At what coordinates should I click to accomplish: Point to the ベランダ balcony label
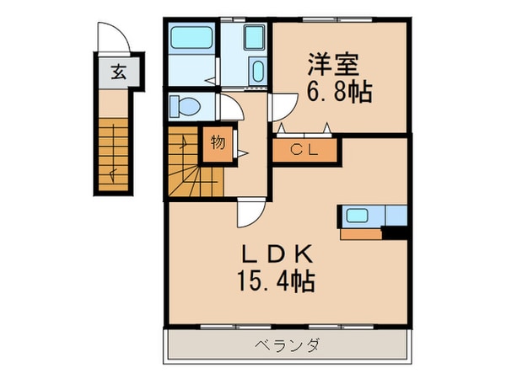click(x=288, y=344)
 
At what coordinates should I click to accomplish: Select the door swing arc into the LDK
click(x=249, y=215)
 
